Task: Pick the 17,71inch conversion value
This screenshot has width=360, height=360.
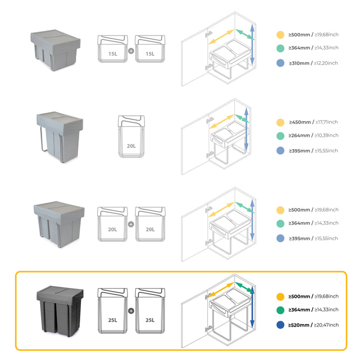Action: pos(328,122)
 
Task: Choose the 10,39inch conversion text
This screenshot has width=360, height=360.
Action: pos(328,135)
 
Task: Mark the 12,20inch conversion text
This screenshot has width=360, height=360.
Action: pos(328,63)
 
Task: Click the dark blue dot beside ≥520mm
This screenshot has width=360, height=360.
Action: pos(280,325)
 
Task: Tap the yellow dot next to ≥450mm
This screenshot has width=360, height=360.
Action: pos(280,122)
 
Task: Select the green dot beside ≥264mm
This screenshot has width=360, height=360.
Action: pos(280,136)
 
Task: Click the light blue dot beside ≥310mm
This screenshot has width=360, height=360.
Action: pos(280,63)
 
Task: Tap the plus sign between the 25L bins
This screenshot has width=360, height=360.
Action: pos(131,311)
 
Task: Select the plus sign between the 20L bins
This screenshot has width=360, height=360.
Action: pos(131,224)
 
